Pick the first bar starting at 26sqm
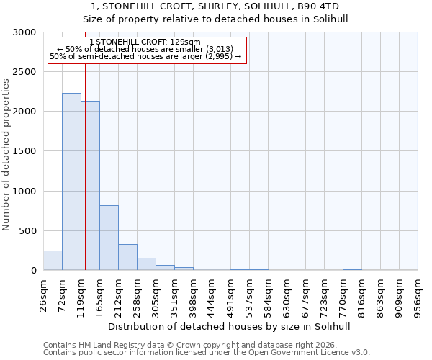pyautogui.click(x=53, y=261)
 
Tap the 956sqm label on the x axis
pyautogui.click(x=418, y=295)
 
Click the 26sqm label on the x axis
pyautogui.click(x=44, y=294)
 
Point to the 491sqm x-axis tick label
pyautogui.click(x=231, y=295)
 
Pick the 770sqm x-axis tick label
pyautogui.click(x=343, y=295)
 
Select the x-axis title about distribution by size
pyautogui.click(x=230, y=326)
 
